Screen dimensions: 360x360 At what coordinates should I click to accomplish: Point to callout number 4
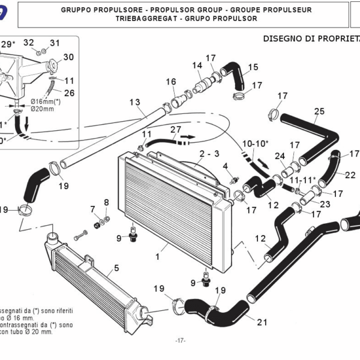click(x=226, y=166)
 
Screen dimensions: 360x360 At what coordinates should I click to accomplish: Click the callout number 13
click(x=134, y=103)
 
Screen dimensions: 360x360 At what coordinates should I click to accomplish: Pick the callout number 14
click(x=197, y=65)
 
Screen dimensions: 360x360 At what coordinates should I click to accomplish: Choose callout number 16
click(x=171, y=82)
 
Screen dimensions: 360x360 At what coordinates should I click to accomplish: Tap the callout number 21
click(x=262, y=322)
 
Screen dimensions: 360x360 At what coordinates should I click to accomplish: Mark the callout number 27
click(x=175, y=130)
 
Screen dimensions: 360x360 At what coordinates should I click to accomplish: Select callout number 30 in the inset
click(x=68, y=57)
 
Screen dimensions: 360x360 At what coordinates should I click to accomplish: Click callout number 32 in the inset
click(x=28, y=43)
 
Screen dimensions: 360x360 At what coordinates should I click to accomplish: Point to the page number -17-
click(x=180, y=341)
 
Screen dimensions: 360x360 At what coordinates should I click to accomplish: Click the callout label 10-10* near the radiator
click(x=256, y=144)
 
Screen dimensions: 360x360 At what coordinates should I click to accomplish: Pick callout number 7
click(x=93, y=209)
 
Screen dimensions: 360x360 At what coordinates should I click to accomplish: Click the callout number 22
click(x=350, y=175)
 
